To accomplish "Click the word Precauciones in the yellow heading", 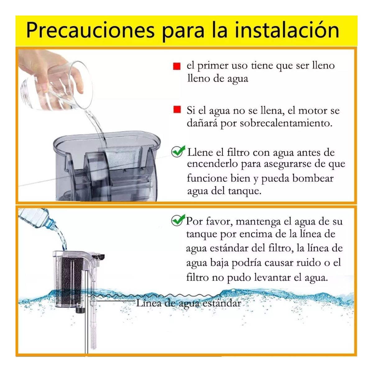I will [x=90, y=30].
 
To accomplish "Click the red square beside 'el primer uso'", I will [x=177, y=66].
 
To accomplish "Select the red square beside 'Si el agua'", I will [x=177, y=110].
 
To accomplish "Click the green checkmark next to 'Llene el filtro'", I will [x=178, y=151].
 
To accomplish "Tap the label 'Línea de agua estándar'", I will [x=188, y=303].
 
